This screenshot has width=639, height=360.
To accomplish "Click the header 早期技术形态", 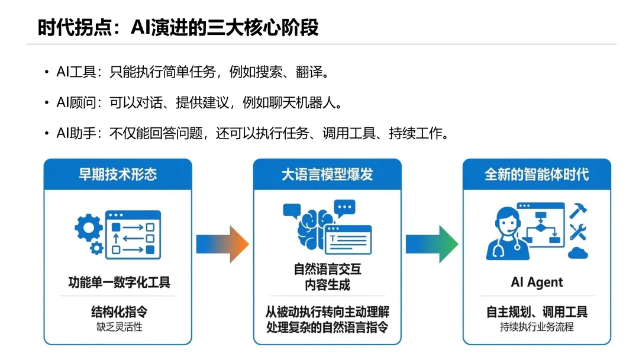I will tap(118, 174).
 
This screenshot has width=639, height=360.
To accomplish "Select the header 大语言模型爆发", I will tap(327, 174).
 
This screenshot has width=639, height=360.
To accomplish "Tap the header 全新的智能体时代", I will tap(537, 174).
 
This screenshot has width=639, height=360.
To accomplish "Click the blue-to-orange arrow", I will tap(222, 243).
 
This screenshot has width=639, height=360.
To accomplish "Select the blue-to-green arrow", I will tap(431, 243).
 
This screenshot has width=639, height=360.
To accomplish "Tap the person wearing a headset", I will tap(504, 233).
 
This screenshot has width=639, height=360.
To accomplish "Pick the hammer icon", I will tap(577, 210).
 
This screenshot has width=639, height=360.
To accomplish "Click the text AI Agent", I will tap(537, 282).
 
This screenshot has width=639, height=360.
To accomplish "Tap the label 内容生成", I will tap(327, 284).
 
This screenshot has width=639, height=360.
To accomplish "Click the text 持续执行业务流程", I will tap(537, 327).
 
